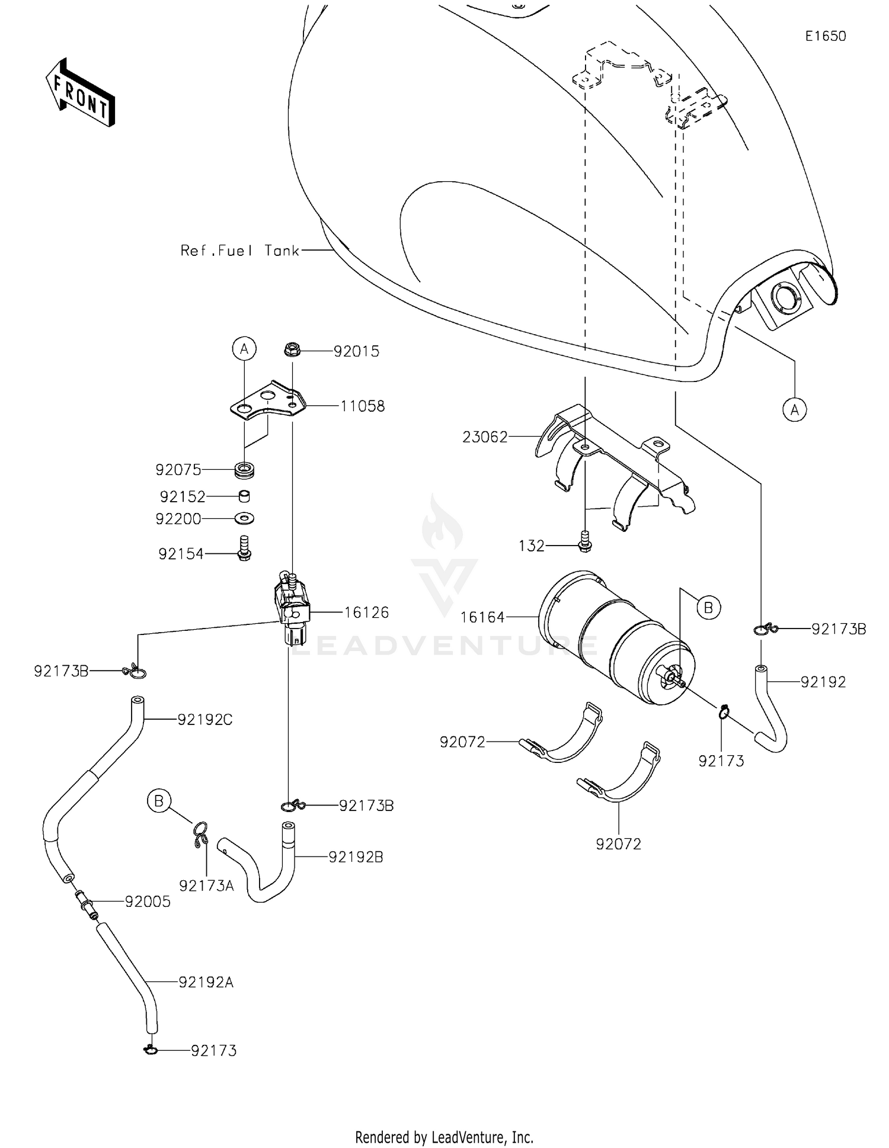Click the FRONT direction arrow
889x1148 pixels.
(x=80, y=93)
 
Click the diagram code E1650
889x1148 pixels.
(x=825, y=36)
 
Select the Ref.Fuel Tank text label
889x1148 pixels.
(x=240, y=251)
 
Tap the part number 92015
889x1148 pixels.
(x=356, y=351)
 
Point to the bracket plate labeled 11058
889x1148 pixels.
(x=268, y=402)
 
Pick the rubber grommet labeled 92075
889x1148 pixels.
(x=245, y=472)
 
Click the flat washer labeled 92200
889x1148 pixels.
(x=244, y=518)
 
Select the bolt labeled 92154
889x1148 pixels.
(x=244, y=548)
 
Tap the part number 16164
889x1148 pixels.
(x=482, y=617)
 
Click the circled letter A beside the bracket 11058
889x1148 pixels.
(x=244, y=349)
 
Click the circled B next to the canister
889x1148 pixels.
(x=708, y=607)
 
